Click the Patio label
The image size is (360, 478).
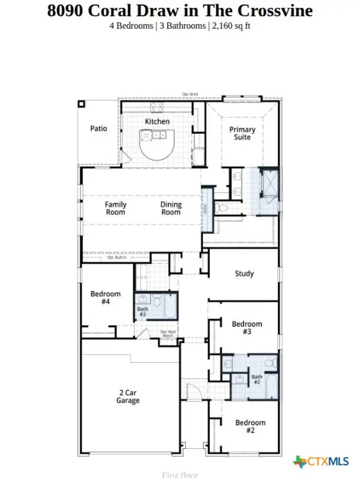98,129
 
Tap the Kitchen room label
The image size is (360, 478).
157,121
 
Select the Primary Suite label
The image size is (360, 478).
242,133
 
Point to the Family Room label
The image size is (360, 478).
115,209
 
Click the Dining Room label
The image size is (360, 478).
171,209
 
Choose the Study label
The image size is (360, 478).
244,274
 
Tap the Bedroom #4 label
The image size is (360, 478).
105,298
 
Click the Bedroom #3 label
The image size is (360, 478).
247,328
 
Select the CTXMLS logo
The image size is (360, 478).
321,461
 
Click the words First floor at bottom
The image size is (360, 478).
179,475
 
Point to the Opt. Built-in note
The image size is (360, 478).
116,257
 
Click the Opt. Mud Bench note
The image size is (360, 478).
168,334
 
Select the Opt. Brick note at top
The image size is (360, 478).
190,94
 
